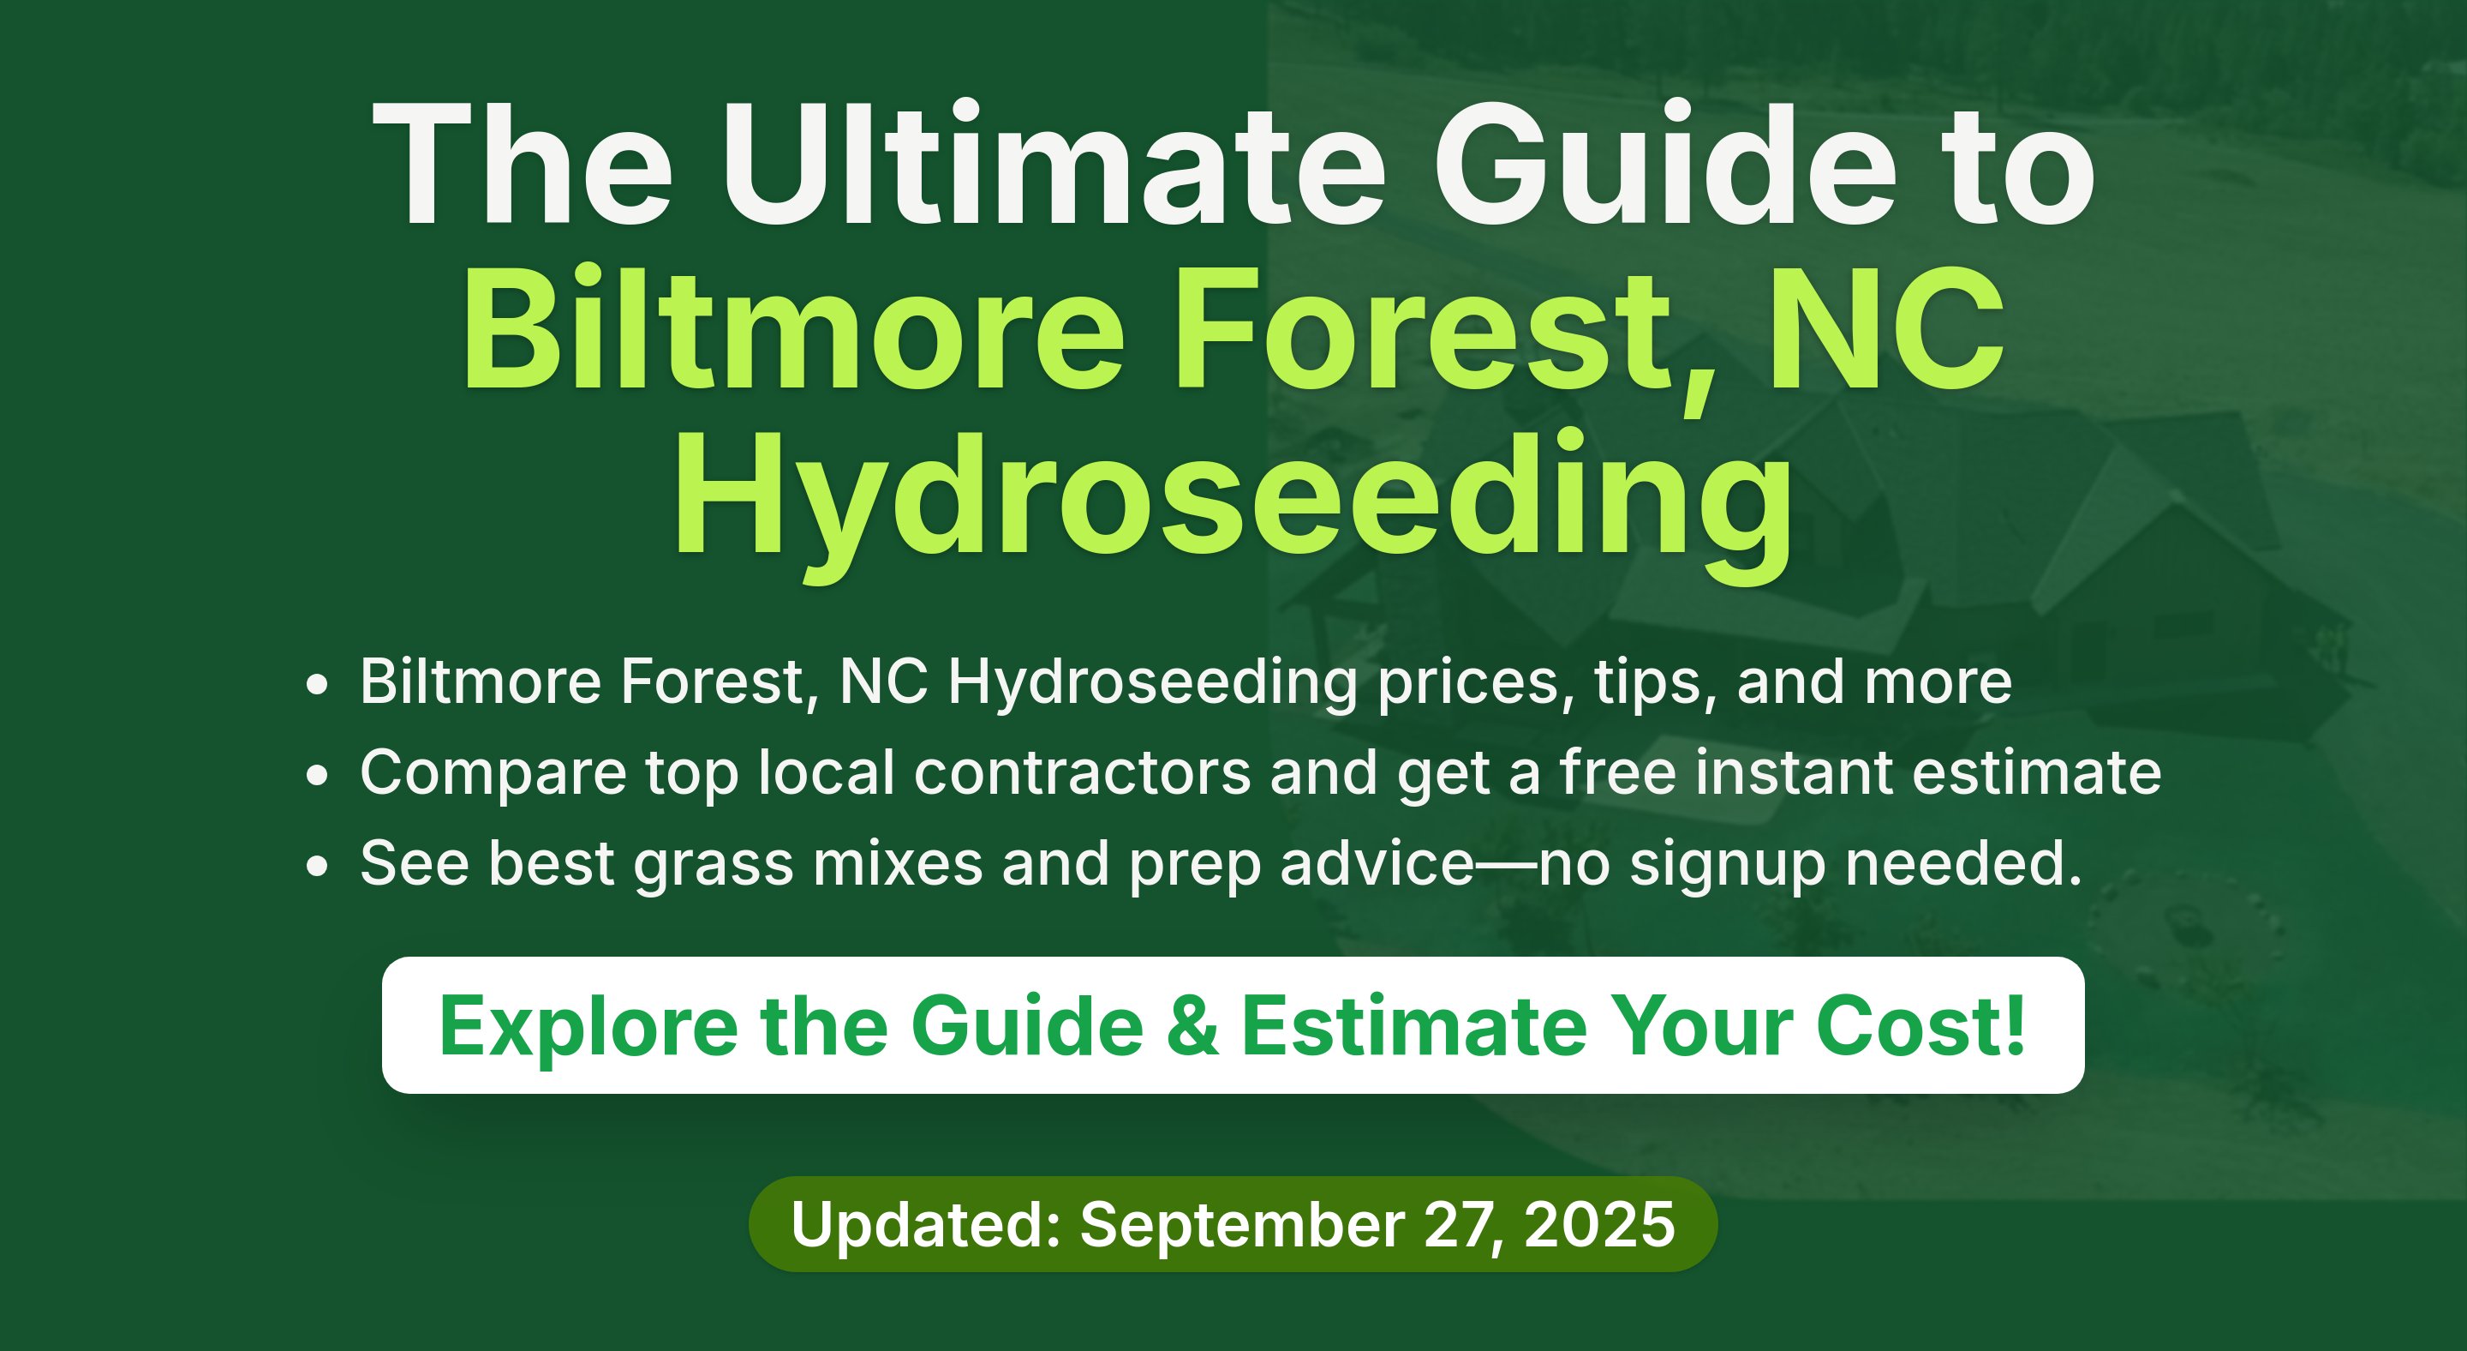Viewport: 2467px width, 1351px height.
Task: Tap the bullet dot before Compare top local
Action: pos(317,775)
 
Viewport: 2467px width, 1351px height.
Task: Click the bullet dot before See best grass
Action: pos(317,866)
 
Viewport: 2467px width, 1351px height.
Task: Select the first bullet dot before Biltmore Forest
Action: pos(317,685)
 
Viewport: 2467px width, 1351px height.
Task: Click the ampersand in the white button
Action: pos(1193,1026)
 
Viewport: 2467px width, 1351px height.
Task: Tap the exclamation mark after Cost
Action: pos(2015,1024)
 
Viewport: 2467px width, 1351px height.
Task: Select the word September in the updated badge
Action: pos(1243,1227)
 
